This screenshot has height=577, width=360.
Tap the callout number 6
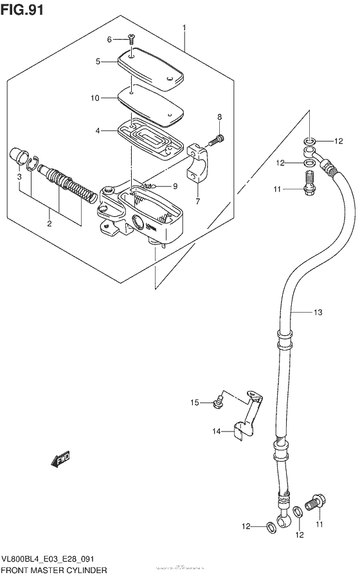[110, 39]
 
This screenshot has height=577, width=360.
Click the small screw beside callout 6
[130, 39]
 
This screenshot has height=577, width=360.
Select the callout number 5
[98, 62]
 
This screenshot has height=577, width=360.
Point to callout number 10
[94, 98]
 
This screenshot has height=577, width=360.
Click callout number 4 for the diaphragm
[97, 131]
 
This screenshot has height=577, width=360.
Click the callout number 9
[174, 187]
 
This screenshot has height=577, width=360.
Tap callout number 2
[49, 224]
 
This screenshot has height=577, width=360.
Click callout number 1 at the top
[184, 28]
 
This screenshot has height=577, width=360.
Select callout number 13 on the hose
[317, 313]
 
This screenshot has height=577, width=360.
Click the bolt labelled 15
[217, 403]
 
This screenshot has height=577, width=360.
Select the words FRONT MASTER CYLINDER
[55, 571]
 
